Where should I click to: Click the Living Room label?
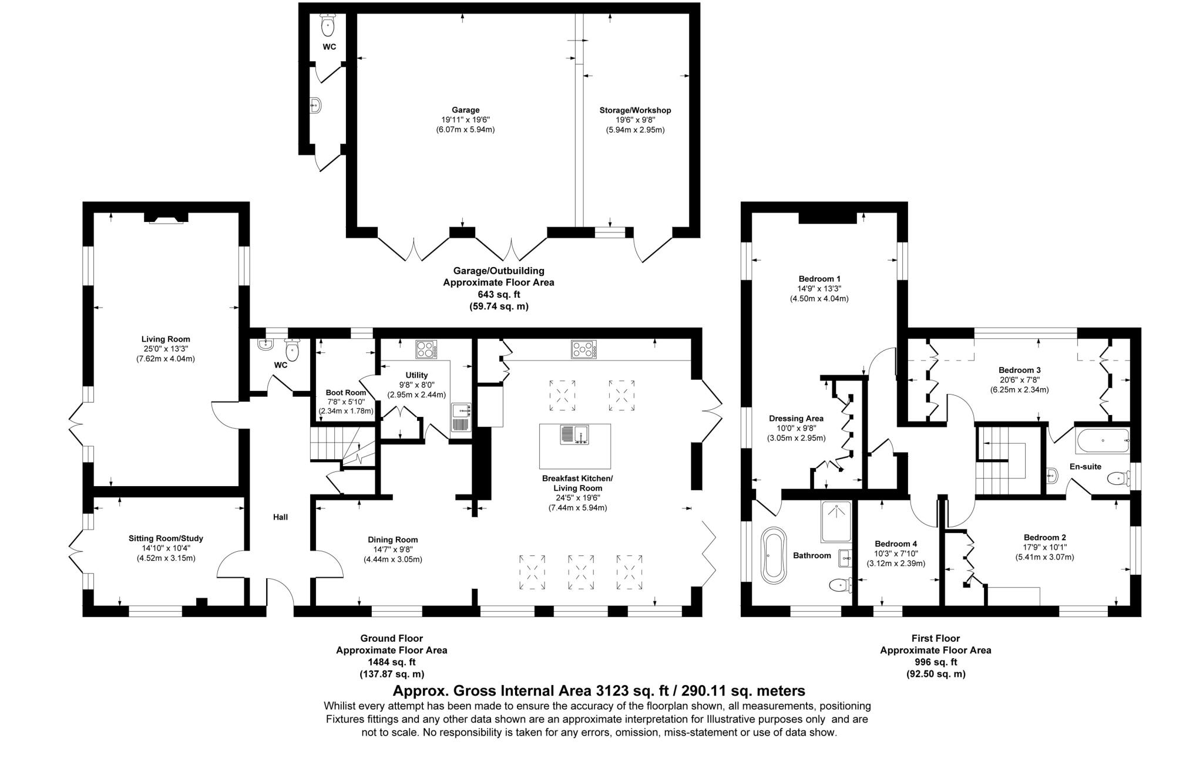click(166, 339)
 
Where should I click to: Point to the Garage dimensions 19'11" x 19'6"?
click(465, 120)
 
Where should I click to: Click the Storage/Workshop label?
click(635, 110)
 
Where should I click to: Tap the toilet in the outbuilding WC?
click(328, 25)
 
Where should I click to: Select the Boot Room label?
click(345, 392)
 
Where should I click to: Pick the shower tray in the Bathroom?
click(835, 521)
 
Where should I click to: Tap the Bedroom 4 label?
click(895, 544)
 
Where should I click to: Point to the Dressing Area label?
click(796, 419)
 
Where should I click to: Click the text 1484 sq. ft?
click(391, 662)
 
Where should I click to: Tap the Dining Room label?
click(392, 540)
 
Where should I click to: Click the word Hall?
click(280, 517)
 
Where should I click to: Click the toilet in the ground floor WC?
click(292, 351)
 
